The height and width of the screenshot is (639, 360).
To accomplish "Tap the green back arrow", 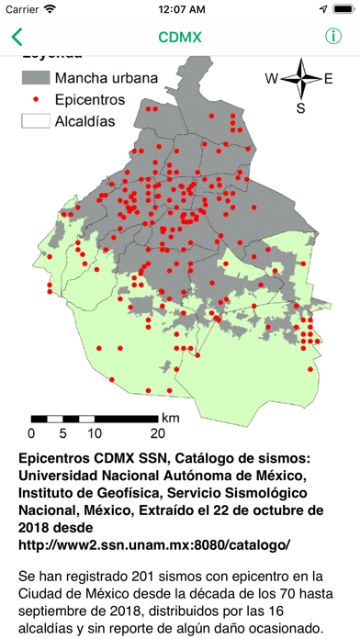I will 17,38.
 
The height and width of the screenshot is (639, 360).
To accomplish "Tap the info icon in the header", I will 332,38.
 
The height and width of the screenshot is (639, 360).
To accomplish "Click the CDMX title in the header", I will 180,38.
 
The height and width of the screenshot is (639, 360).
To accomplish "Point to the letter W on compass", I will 272,79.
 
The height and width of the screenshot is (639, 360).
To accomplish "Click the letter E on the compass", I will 329,79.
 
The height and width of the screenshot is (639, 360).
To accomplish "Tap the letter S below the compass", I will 300,109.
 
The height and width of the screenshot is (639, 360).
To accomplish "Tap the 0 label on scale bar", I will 32,432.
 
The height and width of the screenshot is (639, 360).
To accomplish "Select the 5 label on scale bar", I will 62,432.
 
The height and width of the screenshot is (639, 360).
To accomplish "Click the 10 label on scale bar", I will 94,432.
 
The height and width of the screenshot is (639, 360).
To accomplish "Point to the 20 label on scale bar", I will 157,432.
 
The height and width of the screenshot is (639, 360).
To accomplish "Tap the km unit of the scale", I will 171,418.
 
